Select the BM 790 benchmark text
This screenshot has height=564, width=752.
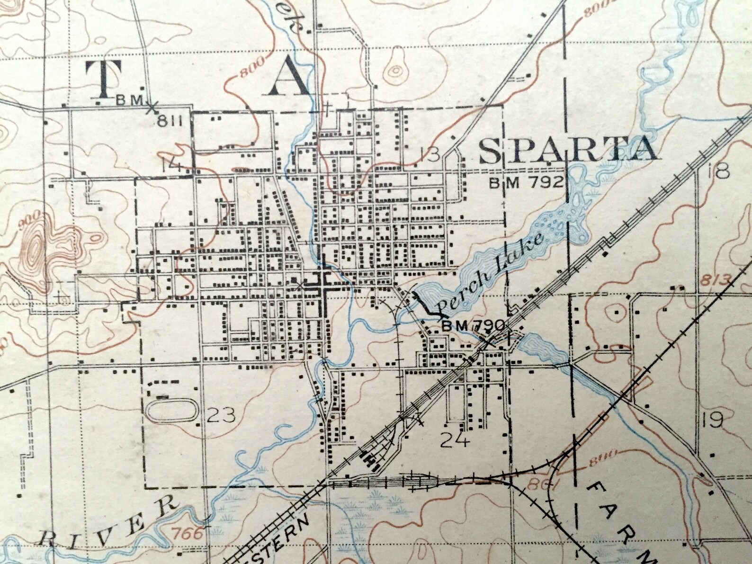474,326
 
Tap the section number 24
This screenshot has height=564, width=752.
455,440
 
